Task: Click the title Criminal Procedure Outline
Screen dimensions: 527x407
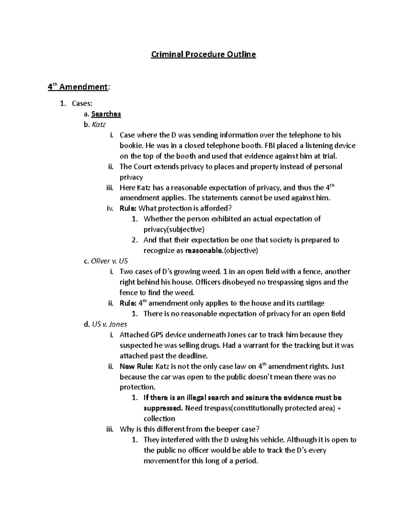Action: coord(203,54)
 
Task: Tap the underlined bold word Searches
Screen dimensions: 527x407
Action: coord(106,114)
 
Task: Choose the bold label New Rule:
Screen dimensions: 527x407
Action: coord(137,366)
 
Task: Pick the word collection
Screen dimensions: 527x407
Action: coord(159,418)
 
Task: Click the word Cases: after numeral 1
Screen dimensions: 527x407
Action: coord(82,103)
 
